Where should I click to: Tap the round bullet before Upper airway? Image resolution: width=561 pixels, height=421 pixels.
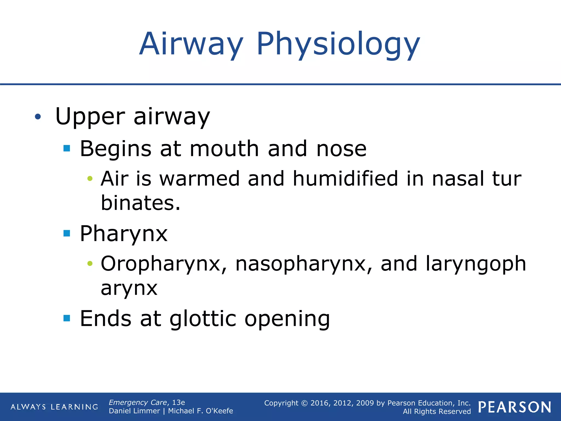[38, 117]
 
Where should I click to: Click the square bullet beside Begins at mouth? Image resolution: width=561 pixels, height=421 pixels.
[67, 149]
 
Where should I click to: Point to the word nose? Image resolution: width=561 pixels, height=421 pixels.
[341, 149]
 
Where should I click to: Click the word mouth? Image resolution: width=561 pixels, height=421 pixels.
[224, 149]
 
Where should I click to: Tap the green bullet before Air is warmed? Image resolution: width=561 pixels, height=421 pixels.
[90, 179]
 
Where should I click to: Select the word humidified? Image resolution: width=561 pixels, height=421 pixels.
[345, 179]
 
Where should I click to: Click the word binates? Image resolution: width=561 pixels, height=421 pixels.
[140, 203]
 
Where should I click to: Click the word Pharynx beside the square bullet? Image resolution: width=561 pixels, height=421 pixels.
[124, 234]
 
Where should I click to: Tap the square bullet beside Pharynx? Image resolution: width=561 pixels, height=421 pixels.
[67, 233]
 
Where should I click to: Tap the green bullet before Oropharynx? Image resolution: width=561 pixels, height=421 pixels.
[90, 264]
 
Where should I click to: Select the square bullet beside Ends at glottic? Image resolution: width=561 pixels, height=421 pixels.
[67, 318]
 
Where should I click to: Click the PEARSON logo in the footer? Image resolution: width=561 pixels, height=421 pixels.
[515, 407]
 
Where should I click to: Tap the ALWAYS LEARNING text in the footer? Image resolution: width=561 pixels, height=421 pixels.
[54, 407]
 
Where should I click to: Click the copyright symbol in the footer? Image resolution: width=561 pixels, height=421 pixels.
[304, 403]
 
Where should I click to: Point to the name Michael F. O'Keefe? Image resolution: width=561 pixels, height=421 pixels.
[201, 411]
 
